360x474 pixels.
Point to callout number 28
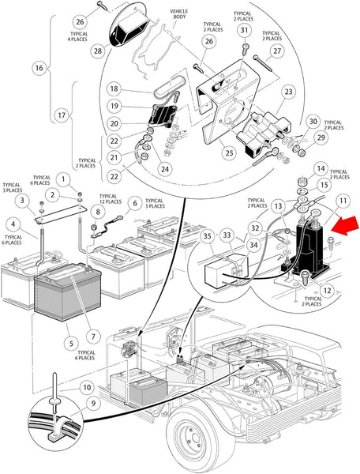tap(97, 51)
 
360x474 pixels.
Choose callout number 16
tap(38, 68)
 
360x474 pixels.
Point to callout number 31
tap(245, 31)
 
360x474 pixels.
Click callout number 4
tap(14, 224)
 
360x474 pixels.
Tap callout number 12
tap(327, 292)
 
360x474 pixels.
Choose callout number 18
tap(113, 88)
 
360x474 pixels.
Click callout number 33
tap(226, 235)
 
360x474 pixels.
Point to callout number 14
tap(321, 168)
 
